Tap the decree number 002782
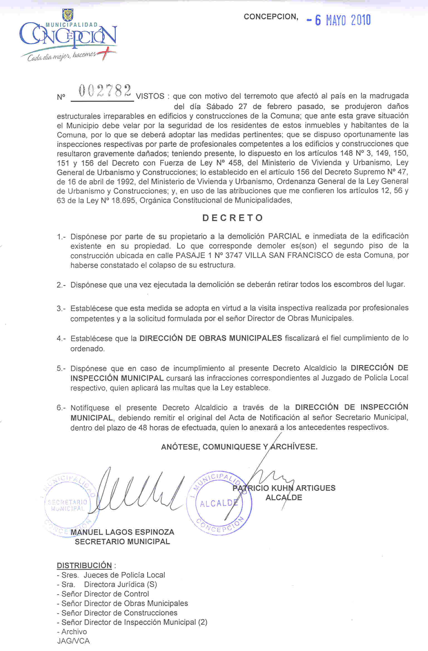pos(105,91)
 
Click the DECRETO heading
pos(233,218)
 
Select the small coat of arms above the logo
pos(68,15)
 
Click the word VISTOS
pos(150,96)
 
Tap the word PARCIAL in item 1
pos(285,236)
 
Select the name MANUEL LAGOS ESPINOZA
pos(122,532)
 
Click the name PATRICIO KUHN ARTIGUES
pos(284,488)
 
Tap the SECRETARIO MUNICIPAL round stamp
pos(68,505)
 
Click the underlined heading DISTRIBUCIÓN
pos(84,565)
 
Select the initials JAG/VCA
pos(73,641)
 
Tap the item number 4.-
pos(61,339)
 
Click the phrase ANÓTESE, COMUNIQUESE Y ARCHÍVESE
pos(239,447)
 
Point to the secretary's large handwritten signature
pos(139,492)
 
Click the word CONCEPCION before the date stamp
pos(271,17)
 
